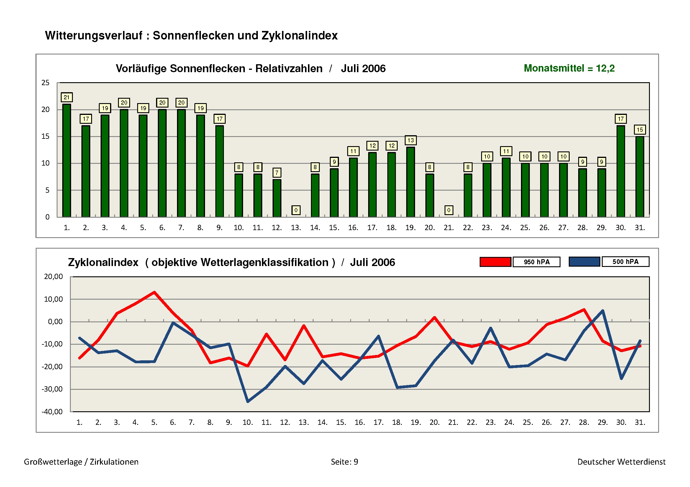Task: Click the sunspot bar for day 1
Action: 66,161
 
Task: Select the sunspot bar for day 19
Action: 410,182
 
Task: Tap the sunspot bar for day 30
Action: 621,171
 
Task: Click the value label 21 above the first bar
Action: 66,97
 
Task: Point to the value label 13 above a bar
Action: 410,140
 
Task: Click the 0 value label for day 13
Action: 296,210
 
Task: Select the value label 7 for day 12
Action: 277,173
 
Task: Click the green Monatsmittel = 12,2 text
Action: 569,68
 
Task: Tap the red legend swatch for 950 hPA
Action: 495,262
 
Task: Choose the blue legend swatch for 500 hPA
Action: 584,262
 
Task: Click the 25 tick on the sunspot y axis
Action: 45,83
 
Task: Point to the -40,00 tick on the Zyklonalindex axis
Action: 52,411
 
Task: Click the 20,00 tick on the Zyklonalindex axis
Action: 53,276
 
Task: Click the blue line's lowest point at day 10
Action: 248,402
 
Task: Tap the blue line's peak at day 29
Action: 603,311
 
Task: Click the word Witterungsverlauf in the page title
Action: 94,35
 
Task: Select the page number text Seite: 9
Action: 344,461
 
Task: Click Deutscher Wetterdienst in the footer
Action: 621,461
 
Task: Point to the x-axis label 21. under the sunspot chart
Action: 448,228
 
